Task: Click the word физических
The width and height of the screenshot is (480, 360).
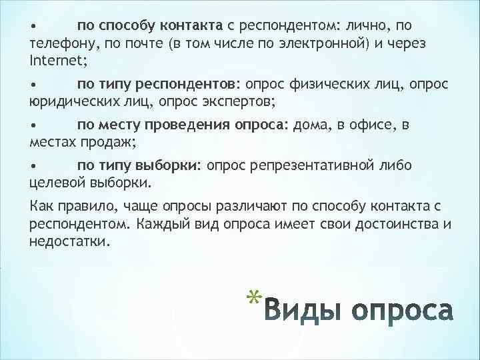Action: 324,85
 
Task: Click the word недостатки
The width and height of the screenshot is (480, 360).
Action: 69,241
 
